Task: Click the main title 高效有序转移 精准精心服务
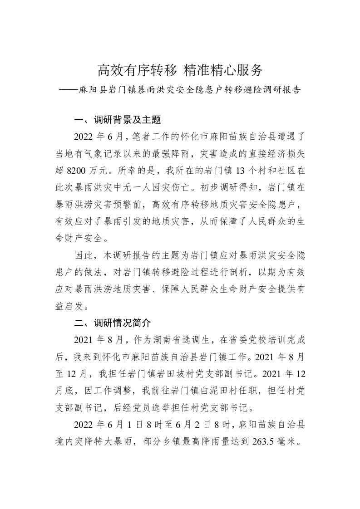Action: [180, 70]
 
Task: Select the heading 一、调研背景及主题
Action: [118, 120]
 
